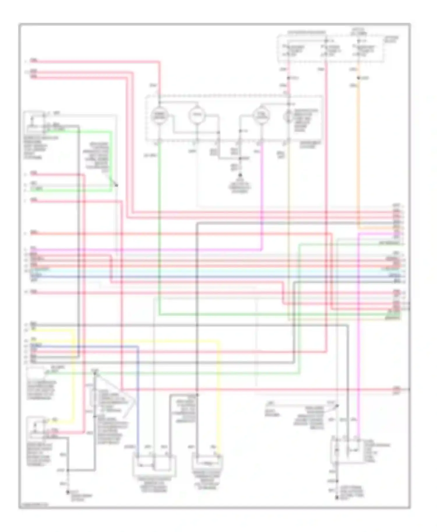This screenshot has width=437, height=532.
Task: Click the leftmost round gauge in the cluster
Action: [159, 116]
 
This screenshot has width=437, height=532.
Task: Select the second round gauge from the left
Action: [197, 116]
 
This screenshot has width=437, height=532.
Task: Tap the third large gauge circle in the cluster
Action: [261, 116]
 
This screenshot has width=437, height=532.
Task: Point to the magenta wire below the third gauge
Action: [262, 198]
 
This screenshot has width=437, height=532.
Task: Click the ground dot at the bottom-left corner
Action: [68, 492]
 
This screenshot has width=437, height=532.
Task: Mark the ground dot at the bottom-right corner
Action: [337, 498]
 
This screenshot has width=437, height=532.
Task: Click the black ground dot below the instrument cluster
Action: [240, 175]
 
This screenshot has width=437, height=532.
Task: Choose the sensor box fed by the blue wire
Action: [154, 466]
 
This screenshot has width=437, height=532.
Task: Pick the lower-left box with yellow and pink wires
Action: [36, 428]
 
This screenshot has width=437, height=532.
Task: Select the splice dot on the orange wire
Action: [358, 78]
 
